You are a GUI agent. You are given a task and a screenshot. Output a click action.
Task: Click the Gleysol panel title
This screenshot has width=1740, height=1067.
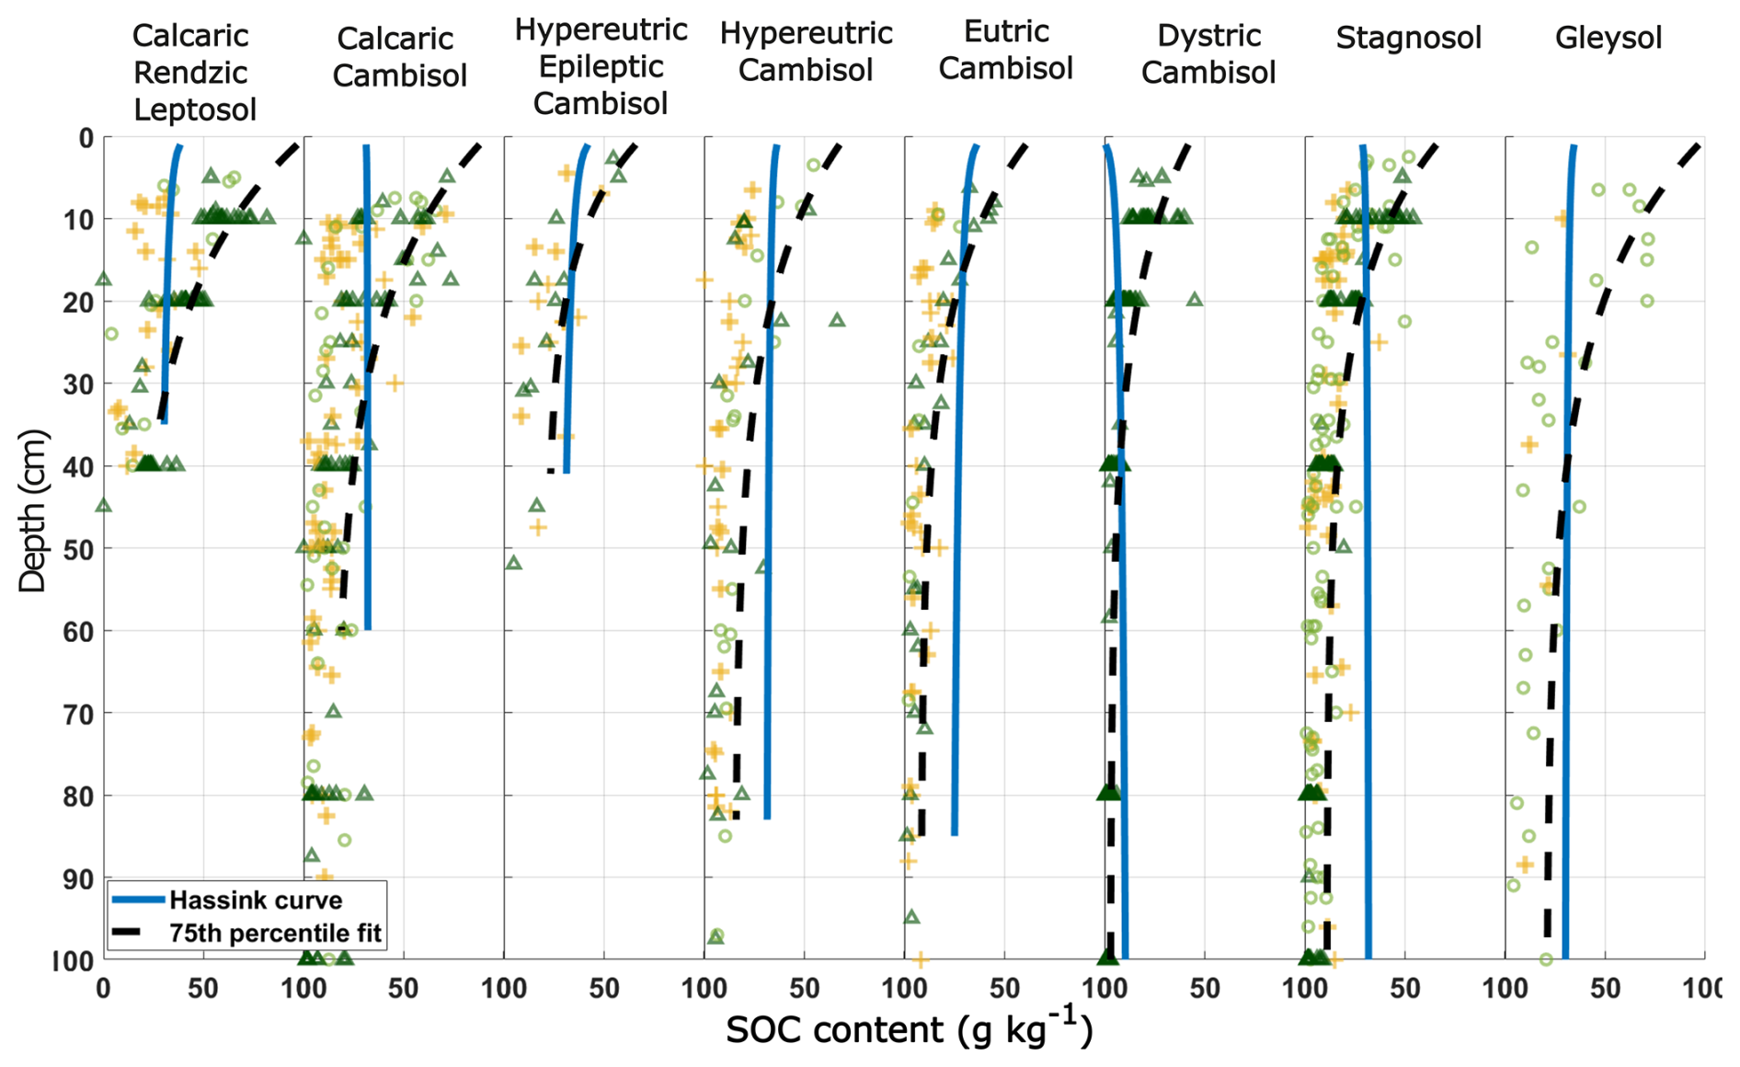point(1608,39)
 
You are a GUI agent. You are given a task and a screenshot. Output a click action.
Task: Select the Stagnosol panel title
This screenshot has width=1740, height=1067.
point(1408,39)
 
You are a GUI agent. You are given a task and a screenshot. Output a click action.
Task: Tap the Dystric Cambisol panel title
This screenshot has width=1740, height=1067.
point(1208,54)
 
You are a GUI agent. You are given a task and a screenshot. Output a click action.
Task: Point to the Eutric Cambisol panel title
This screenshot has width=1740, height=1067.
point(1006,51)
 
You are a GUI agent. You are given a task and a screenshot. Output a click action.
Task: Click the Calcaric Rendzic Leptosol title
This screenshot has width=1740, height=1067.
point(194,73)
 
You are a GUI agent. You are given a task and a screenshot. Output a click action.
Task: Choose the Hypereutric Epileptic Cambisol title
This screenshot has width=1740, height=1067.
point(601,67)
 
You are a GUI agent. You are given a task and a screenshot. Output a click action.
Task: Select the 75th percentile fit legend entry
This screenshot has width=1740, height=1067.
point(274,933)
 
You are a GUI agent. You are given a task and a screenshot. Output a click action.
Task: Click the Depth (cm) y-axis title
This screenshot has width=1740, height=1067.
point(32,510)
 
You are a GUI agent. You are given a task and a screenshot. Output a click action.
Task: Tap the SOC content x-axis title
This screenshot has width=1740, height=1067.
point(909,1030)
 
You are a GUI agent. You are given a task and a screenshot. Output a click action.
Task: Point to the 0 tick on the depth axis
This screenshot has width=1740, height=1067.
point(86,138)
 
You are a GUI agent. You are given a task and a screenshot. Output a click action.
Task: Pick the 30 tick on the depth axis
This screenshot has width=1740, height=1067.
point(81,384)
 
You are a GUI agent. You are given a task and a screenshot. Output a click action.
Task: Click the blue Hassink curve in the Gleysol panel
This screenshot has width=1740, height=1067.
point(1567,460)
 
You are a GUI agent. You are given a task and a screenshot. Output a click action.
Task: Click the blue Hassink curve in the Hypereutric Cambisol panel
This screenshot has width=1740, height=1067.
point(769,460)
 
